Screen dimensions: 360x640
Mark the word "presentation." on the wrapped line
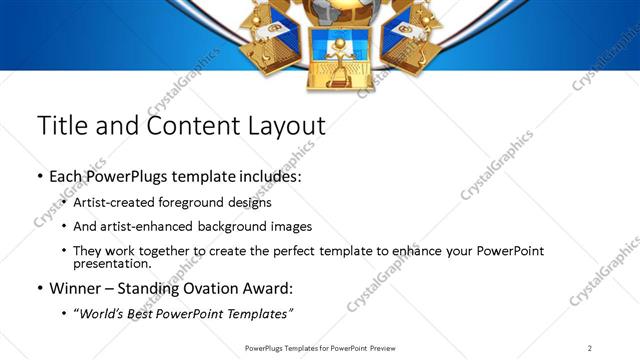point(114,264)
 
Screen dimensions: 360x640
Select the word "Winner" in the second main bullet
point(76,290)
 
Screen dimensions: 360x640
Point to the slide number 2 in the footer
point(589,347)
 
